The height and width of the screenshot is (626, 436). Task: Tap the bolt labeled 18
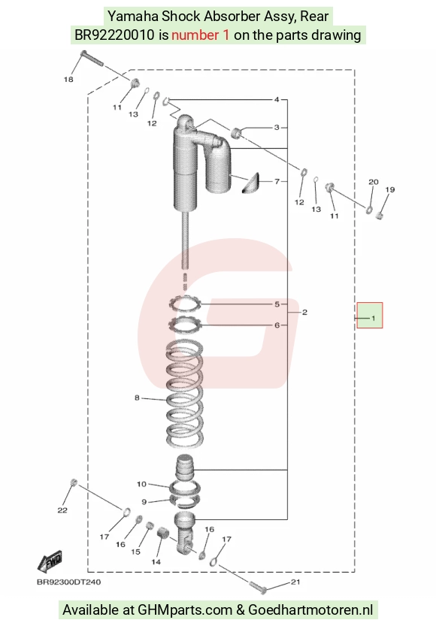pos(92,59)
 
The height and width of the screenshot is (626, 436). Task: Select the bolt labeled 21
pos(260,586)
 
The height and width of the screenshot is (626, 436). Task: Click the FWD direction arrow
pos(50,561)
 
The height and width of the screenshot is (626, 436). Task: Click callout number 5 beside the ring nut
pos(277,304)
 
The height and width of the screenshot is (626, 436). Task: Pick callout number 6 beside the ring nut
pos(277,325)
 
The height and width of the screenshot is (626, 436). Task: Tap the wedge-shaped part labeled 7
pos(252,183)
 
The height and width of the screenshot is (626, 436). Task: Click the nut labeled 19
pos(380,216)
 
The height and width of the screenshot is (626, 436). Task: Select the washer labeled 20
pos(369,209)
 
